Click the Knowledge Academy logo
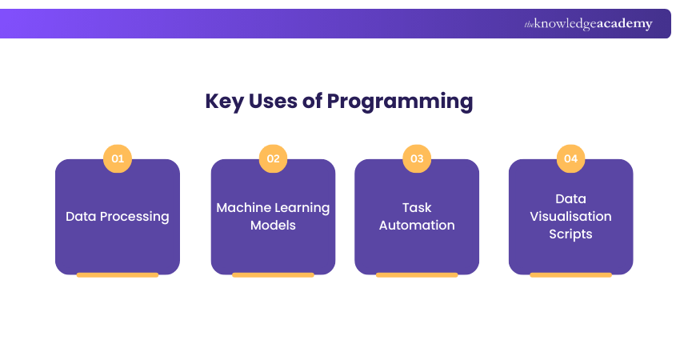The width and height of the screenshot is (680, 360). tap(588, 24)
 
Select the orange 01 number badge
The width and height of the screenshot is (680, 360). tap(118, 158)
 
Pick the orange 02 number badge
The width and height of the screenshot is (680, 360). tap(273, 158)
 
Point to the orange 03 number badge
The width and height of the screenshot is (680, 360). tap(417, 158)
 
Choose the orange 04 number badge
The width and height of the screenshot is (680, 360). tap(570, 158)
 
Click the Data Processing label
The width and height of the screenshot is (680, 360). tap(118, 216)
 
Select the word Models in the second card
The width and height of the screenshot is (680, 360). tap(273, 225)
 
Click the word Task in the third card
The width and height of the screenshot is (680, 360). tap(417, 207)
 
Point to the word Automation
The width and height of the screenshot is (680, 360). tap(417, 225)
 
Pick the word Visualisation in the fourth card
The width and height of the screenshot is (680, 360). tap(570, 216)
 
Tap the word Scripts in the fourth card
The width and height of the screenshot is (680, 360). tap(570, 234)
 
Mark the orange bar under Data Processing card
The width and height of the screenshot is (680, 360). tap(118, 274)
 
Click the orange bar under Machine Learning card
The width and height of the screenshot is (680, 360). tap(273, 274)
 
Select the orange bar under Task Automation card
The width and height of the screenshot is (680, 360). tap(417, 274)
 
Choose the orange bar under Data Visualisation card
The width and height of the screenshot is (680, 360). tap(570, 274)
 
